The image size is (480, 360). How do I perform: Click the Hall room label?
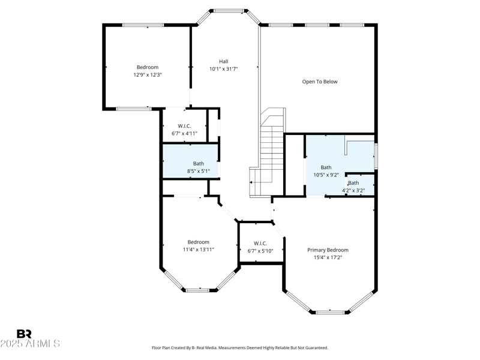[x=223, y=61]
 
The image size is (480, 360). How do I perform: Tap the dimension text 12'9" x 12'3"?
[x=148, y=75]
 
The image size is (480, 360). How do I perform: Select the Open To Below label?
[x=319, y=82]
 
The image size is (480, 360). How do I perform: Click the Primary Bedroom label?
[x=328, y=250]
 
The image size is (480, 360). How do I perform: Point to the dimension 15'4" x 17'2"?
[x=328, y=257]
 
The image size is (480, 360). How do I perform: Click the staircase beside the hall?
[x=271, y=150]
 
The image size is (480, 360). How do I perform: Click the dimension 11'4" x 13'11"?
[x=198, y=250]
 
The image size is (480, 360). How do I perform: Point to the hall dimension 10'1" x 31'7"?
[x=223, y=69]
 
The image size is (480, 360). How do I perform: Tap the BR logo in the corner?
[x=24, y=334]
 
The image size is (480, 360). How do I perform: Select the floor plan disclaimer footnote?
[x=240, y=348]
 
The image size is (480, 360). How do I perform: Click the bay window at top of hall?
[x=229, y=10]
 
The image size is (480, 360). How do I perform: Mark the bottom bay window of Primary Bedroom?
[x=332, y=312]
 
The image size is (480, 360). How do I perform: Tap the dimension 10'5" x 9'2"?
[x=326, y=175]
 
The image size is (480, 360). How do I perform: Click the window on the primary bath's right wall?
[x=376, y=155]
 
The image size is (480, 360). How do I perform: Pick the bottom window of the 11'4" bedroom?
[x=197, y=290]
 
